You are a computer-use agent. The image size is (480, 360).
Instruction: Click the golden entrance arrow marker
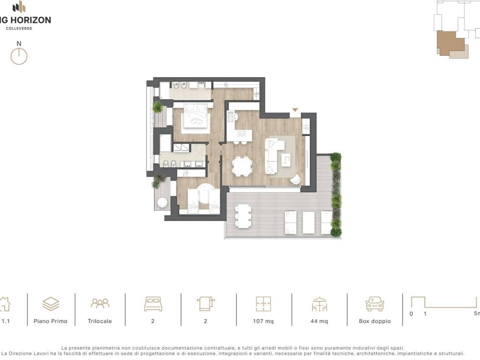click(x=295, y=110)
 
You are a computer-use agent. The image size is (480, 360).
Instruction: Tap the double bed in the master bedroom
click(x=195, y=118)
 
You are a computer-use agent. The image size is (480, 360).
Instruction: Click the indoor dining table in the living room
click(x=242, y=166)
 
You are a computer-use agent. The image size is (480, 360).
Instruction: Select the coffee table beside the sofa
click(x=286, y=159)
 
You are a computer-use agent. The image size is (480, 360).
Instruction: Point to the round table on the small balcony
click(x=162, y=202)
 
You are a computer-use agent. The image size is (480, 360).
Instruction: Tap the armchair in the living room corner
click(x=295, y=180)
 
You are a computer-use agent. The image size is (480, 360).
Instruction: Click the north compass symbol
click(x=19, y=56)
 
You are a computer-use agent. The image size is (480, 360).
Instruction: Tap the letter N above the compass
click(x=19, y=44)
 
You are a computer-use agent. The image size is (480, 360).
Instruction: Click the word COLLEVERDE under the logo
click(x=19, y=29)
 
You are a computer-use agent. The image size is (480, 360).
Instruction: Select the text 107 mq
click(x=263, y=321)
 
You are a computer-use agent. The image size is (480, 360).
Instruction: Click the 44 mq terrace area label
click(x=319, y=321)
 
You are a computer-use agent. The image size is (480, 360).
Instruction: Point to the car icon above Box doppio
click(x=375, y=304)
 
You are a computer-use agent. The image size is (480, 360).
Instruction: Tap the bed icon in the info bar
click(x=153, y=304)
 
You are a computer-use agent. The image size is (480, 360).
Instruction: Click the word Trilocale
click(x=100, y=321)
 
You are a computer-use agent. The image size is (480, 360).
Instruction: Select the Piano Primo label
click(x=51, y=321)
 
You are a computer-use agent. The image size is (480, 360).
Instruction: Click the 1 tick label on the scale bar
click(x=425, y=314)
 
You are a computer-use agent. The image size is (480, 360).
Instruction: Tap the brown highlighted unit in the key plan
click(x=450, y=43)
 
